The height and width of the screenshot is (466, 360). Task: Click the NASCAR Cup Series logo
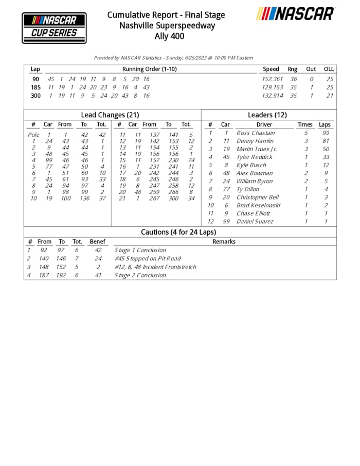pos(54,28)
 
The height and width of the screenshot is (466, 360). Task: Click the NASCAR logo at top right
pos(296,14)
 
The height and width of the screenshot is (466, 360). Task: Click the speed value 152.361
pos(273,79)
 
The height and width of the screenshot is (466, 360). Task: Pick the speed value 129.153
pos(273,87)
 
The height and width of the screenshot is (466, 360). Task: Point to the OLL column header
pos(329,69)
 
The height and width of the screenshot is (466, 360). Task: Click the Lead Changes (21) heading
pos(110,115)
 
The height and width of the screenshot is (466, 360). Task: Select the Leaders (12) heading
pos(267,115)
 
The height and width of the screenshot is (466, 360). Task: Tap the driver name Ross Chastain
pos(256,133)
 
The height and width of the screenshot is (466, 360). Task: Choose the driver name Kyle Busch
pos(251,165)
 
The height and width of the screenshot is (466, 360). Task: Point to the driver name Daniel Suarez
pos(255,221)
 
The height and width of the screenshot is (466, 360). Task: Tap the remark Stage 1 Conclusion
pos(140,250)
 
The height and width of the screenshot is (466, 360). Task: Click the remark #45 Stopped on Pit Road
pos(148,259)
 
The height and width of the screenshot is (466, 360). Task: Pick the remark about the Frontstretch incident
pos(155,267)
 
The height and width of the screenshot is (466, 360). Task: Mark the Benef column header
pos(97,241)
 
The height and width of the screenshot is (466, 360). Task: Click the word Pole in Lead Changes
pos(33,135)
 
